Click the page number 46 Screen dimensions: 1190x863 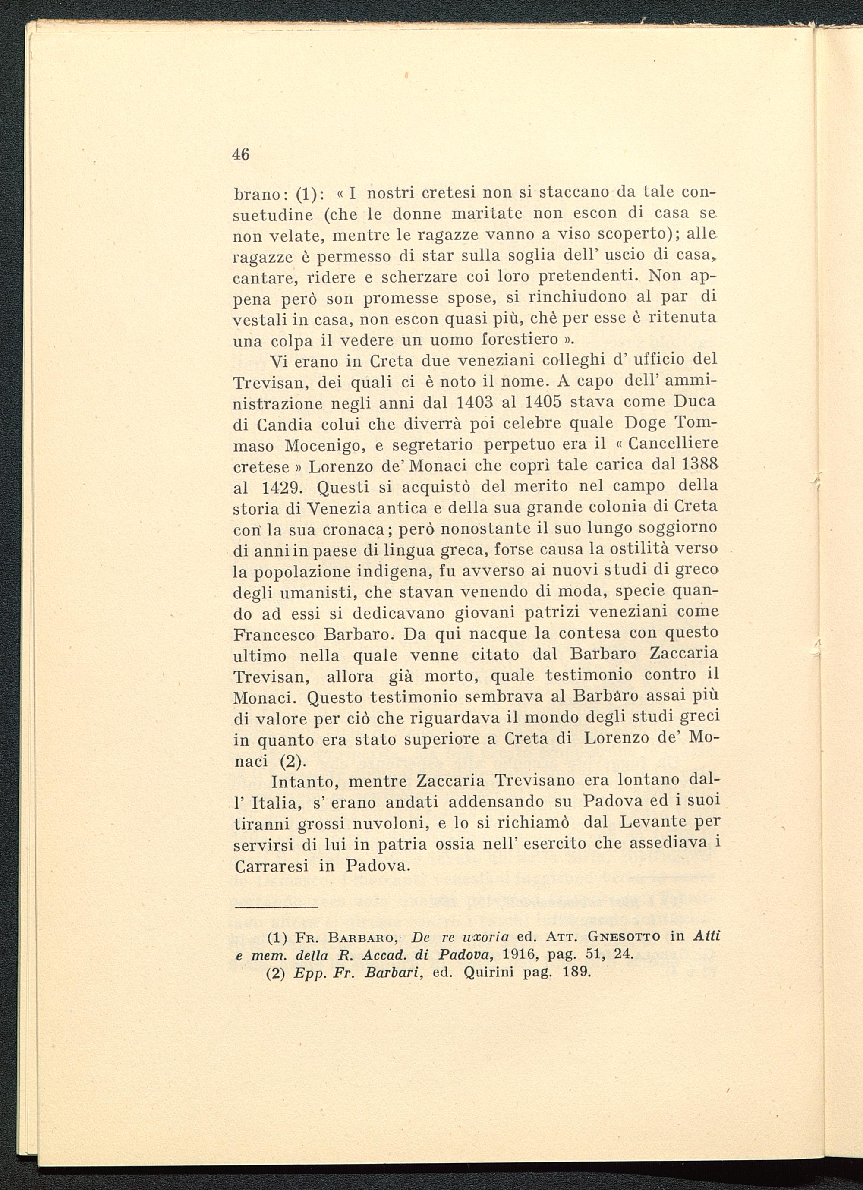[x=241, y=154]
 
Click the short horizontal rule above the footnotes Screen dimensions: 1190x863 [x=277, y=907]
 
